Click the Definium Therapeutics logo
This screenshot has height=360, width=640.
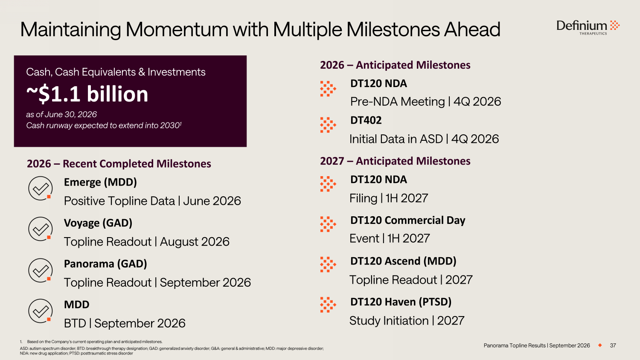(x=588, y=27)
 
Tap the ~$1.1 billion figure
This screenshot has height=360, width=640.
(x=87, y=94)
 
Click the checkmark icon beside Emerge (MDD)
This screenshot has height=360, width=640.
(x=40, y=188)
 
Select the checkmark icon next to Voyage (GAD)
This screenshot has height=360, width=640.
(x=40, y=229)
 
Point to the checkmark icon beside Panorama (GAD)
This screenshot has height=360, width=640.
(x=40, y=270)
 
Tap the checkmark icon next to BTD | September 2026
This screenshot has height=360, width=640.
(x=40, y=311)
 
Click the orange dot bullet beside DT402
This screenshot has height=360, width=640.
(x=328, y=125)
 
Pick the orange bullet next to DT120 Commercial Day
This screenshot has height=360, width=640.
(x=328, y=224)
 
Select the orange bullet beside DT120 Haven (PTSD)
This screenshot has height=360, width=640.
(x=328, y=305)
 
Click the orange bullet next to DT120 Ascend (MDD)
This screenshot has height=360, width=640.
(x=328, y=264)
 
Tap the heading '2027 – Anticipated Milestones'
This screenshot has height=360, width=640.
(x=395, y=161)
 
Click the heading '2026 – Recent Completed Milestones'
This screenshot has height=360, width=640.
(x=119, y=164)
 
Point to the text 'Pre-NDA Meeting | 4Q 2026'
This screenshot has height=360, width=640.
(x=425, y=102)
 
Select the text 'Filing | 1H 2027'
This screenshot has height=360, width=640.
(x=389, y=198)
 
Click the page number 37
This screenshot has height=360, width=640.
(x=613, y=345)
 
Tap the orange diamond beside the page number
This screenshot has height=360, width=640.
(x=600, y=345)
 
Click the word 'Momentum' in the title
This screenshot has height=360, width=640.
(x=177, y=29)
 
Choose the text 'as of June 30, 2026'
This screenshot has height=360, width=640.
(x=61, y=114)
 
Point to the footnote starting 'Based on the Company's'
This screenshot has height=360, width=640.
(x=95, y=342)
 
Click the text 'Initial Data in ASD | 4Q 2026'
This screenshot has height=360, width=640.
(x=424, y=139)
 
